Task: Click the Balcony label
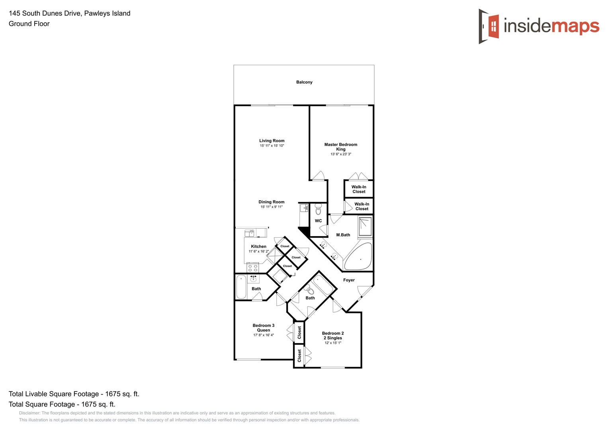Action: tap(304, 82)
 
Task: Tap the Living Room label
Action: tap(272, 141)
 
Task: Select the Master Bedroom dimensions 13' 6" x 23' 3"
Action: tap(341, 154)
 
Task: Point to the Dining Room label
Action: tap(272, 202)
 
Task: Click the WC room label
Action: tap(319, 221)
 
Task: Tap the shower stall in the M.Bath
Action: tap(365, 227)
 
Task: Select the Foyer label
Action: tap(349, 280)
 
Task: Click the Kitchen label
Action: tap(258, 246)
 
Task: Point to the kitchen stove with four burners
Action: tap(252, 268)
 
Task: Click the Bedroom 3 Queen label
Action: tap(264, 328)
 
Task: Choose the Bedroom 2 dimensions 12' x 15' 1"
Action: tap(333, 343)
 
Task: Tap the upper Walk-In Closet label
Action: tap(359, 189)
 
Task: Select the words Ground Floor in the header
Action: tap(29, 24)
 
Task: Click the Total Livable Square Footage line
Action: tap(74, 394)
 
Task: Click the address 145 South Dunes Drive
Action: tap(45, 13)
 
